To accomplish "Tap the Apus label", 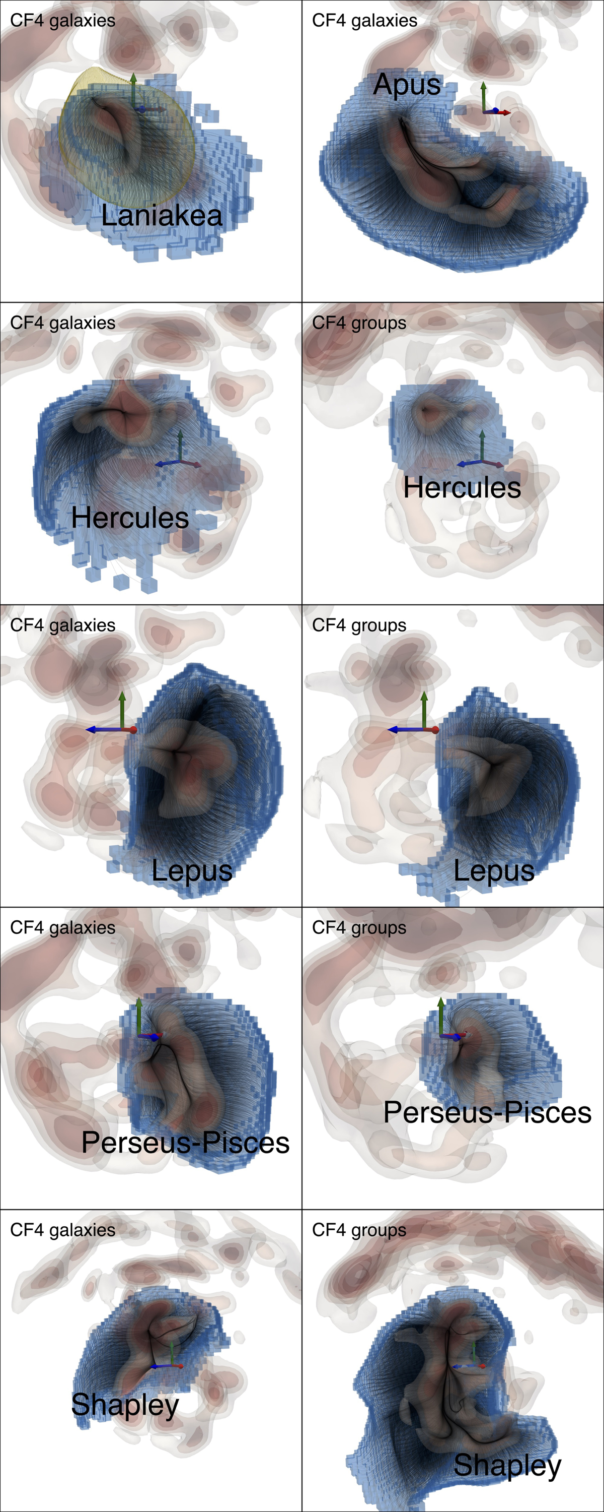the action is (407, 85).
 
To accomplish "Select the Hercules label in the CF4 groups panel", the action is (462, 488).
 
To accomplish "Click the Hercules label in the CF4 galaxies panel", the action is (130, 518).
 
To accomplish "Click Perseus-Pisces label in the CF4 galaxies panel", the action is (185, 1143).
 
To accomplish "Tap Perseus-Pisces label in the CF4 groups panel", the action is (487, 1112).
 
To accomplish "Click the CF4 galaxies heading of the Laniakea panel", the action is (63, 21).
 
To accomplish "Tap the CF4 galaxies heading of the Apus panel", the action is (365, 21).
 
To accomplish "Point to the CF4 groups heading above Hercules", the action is (359, 324).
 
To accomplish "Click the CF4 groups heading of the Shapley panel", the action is (359, 1231).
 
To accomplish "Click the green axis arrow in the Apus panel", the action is (483, 97).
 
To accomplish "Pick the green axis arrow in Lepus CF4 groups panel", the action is (424, 710).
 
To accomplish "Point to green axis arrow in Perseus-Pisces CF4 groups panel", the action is (441, 1016).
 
